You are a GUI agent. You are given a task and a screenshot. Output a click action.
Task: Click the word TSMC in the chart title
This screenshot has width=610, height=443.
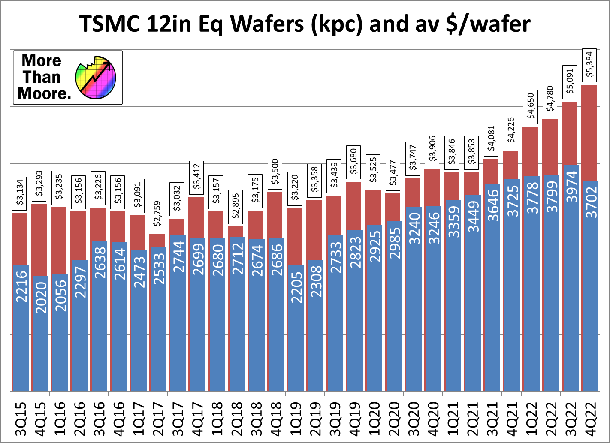(x=109, y=24)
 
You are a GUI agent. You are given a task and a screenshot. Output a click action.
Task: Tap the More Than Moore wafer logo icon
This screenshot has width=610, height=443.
(x=95, y=78)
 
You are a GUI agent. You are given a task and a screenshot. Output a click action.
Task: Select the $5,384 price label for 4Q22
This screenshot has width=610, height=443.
(x=589, y=65)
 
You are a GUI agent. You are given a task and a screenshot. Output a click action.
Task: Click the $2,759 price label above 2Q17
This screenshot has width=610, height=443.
(x=157, y=214)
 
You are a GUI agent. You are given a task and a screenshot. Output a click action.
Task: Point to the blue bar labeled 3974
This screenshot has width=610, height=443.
(x=570, y=279)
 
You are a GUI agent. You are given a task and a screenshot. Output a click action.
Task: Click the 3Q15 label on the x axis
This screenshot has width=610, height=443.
(x=21, y=419)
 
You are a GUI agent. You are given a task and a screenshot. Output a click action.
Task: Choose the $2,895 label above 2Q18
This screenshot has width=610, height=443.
(x=236, y=206)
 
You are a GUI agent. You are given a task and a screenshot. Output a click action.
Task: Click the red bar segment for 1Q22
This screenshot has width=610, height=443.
(x=530, y=151)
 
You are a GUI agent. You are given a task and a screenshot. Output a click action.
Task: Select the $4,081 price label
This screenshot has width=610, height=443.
(x=491, y=138)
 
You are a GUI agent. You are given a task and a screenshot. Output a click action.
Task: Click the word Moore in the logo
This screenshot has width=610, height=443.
(x=44, y=93)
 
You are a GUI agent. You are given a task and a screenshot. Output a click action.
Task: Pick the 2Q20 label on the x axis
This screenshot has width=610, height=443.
(x=393, y=419)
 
